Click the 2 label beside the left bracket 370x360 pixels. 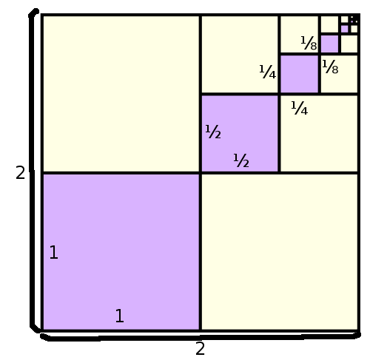[20, 172]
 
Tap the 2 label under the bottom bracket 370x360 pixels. [200, 348]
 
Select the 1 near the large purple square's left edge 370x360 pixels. [54, 252]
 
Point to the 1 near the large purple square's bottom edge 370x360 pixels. [120, 316]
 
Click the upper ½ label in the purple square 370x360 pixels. [213, 132]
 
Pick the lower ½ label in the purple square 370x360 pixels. [241, 160]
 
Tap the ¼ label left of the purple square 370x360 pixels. [268, 72]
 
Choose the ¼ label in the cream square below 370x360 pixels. [300, 108]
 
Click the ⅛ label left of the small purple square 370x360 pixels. [309, 43]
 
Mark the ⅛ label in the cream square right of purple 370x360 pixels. [330, 67]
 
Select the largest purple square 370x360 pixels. [121, 251]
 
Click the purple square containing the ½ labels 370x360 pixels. [240, 133]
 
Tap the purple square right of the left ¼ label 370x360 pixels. [299, 74]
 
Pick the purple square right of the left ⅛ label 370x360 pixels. [329, 44]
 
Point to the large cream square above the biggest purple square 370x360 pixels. [121, 94]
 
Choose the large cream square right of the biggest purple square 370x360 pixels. [280, 251]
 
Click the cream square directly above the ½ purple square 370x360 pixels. [240, 55]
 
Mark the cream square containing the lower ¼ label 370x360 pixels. [319, 133]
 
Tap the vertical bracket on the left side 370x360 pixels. [32, 170]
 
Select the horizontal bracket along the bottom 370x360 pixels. [201, 337]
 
